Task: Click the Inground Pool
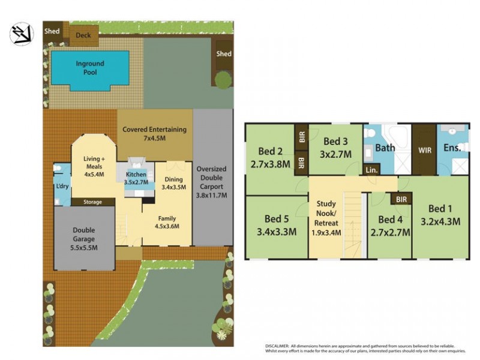click(90, 67)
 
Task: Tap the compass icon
click(22, 34)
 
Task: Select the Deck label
click(83, 35)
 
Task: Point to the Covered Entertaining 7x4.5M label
click(154, 133)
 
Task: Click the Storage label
click(92, 202)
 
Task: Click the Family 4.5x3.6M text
click(167, 222)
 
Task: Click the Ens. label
click(452, 148)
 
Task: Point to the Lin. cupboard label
click(371, 171)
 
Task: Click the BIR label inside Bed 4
click(401, 199)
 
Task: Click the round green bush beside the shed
click(223, 79)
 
